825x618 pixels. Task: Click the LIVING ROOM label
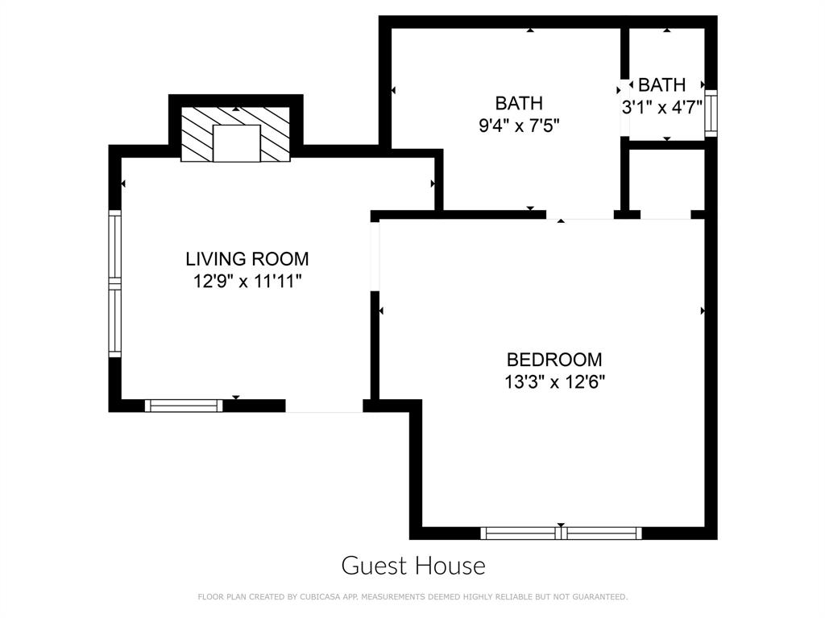247,259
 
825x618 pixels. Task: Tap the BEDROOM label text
554,360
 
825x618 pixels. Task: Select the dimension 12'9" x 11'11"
247,282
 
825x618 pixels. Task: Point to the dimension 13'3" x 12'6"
554,382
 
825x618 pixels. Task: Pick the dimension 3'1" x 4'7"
662,106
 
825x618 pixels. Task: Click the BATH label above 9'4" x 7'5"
518,103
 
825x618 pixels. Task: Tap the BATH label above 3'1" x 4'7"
662,84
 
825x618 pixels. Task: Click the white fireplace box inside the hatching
236,143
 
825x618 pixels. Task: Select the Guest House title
413,566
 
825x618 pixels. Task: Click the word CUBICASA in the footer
316,597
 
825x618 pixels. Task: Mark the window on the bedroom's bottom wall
561,533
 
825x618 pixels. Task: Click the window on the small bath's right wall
711,113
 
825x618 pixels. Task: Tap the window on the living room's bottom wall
184,406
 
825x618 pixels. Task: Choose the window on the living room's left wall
114,283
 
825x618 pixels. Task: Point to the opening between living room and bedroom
375,255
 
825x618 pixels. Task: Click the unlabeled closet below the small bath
665,181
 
